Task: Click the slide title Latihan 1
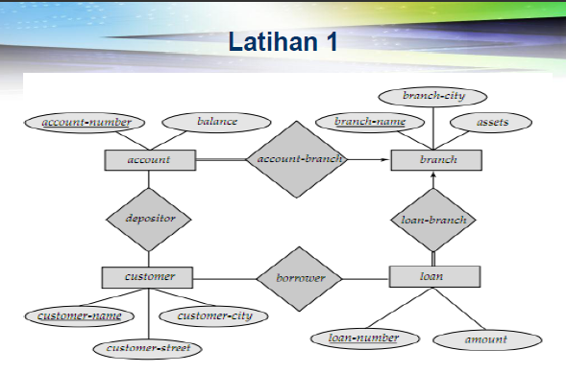tap(283, 42)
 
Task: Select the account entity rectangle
tap(148, 159)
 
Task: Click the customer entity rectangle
tap(149, 277)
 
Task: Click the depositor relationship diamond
tap(150, 219)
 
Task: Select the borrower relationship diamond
tap(302, 279)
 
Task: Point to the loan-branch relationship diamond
tap(433, 220)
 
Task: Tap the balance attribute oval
tap(216, 123)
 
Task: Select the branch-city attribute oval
tap(431, 96)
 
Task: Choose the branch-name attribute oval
tap(369, 122)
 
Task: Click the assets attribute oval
tap(492, 123)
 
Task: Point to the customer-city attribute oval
tap(214, 315)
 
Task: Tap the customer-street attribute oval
tap(147, 347)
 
